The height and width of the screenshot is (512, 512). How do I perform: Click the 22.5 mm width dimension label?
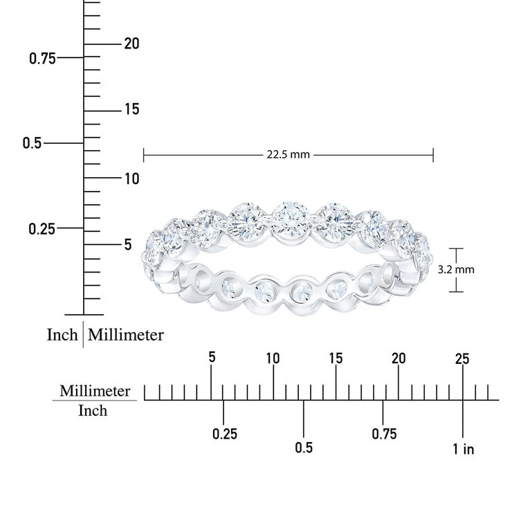tap(288, 154)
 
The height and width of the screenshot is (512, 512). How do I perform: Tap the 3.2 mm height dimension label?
tap(456, 270)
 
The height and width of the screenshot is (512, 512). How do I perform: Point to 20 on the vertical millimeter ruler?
tap(131, 44)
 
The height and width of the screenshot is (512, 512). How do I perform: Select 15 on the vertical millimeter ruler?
tap(132, 109)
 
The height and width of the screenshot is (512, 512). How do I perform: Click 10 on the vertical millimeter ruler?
tap(132, 179)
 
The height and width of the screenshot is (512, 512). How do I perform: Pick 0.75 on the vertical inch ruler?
tap(42, 59)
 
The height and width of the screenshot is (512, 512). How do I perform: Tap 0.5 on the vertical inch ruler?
tap(33, 143)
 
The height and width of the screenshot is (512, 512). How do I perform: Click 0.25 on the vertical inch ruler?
tap(42, 229)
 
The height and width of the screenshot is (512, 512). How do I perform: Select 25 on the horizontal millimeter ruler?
tap(462, 359)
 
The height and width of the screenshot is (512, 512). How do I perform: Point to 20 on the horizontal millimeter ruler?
tap(399, 358)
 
